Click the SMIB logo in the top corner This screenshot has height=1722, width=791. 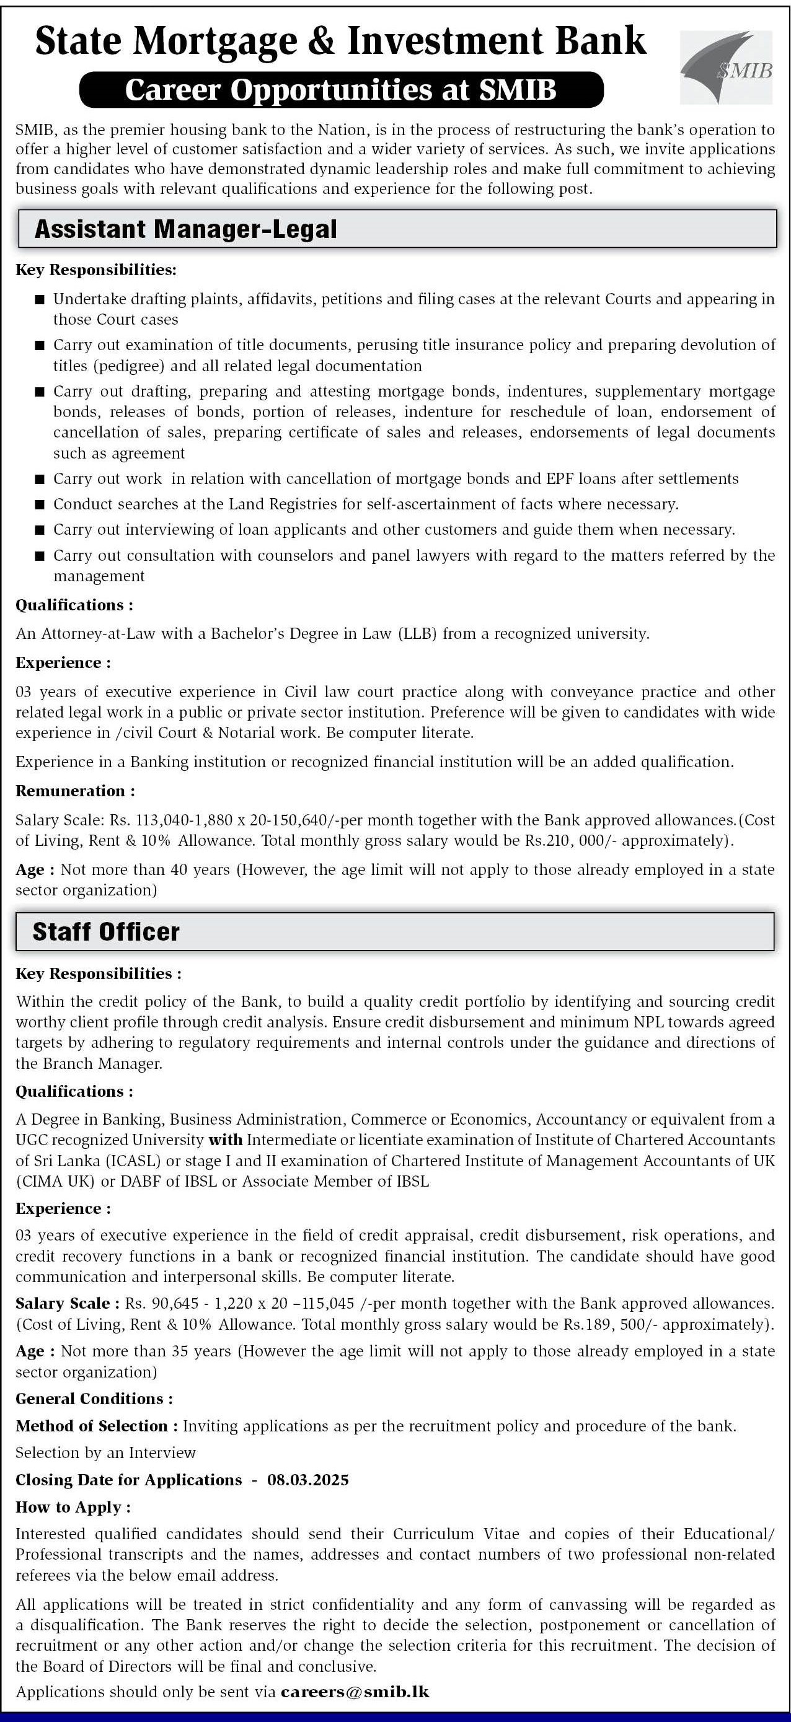(x=726, y=68)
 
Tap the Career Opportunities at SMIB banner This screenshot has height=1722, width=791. (x=341, y=90)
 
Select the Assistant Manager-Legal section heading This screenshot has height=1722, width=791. (x=185, y=229)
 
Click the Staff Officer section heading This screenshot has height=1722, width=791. (x=105, y=931)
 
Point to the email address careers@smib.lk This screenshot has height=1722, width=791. (x=355, y=1691)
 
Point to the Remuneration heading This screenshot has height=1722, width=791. (x=75, y=791)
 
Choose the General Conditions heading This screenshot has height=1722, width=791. (x=94, y=1399)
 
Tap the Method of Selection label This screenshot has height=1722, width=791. (x=96, y=1426)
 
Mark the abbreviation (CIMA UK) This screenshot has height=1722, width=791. (x=56, y=1181)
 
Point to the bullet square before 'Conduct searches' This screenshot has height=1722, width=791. (x=40, y=504)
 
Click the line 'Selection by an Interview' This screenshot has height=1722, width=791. (x=105, y=1452)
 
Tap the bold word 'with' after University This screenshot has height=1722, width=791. (x=225, y=1139)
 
